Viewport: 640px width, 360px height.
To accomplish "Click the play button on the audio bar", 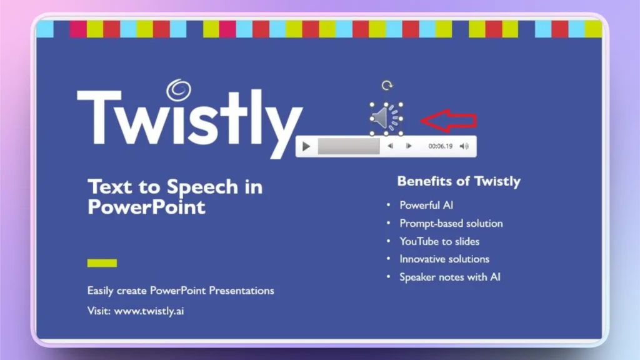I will pos(306,146).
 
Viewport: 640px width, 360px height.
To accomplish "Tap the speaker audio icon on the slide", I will pos(385,117).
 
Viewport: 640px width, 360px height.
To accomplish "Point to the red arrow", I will pos(448,120).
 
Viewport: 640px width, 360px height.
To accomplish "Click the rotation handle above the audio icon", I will pos(387,86).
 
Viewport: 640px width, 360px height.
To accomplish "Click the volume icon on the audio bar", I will pos(464,146).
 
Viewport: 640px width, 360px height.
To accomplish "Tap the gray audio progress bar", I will pos(348,146).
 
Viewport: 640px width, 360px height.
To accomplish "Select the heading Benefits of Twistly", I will pos(458,182).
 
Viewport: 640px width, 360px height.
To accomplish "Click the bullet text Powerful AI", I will pos(426,205).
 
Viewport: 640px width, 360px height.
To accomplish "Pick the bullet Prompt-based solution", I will pos(451,223).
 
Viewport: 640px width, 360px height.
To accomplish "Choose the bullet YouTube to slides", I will pos(439,241).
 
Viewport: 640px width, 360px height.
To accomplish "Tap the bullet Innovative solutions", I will pos(444,259).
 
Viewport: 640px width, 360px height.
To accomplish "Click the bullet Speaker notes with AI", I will pos(450,277).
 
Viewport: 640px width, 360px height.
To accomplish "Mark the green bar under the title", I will pos(102,262).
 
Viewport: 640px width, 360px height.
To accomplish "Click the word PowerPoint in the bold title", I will pos(146,206).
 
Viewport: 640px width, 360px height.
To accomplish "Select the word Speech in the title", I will pos(202,187).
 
